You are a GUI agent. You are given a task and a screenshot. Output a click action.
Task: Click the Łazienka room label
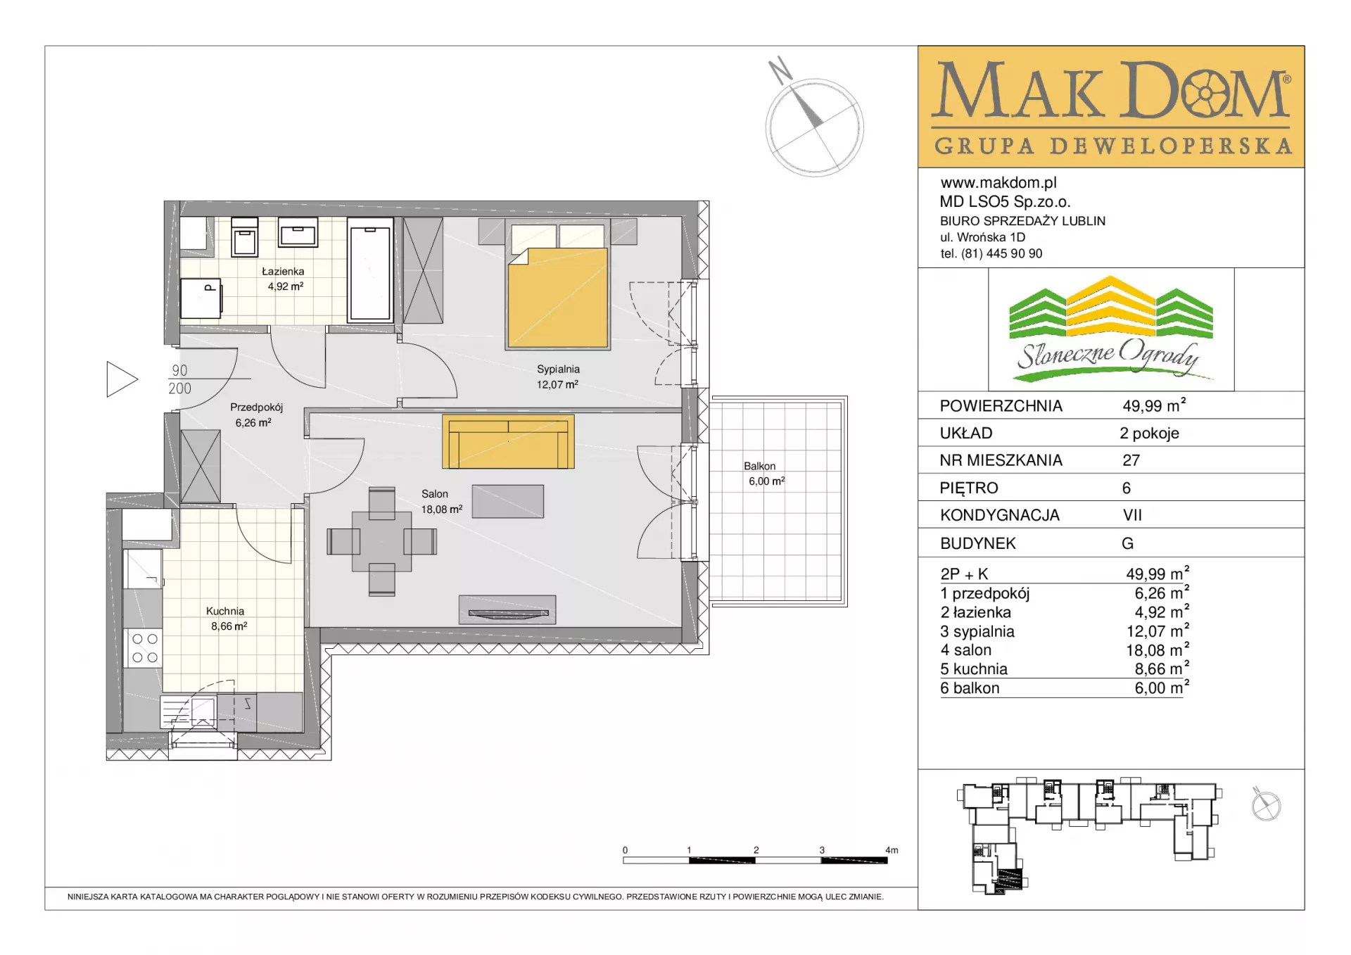(x=284, y=272)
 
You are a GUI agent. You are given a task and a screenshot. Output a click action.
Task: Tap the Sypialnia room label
(x=558, y=369)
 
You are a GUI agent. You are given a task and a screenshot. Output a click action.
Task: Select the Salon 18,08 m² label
(x=442, y=502)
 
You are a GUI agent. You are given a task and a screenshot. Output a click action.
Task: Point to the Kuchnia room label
(x=225, y=612)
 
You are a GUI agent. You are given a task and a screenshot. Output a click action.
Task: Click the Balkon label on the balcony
(x=760, y=466)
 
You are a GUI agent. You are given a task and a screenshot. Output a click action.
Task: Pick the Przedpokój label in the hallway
(x=257, y=407)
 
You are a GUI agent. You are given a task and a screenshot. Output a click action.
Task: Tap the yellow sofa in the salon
(x=508, y=441)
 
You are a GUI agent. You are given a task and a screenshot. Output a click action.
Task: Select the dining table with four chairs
(x=381, y=542)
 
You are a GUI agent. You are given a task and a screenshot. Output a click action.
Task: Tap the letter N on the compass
(x=780, y=70)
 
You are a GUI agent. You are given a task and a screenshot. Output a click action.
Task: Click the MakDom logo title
(x=1111, y=90)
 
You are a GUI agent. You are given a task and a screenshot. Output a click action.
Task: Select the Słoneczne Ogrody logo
(x=1111, y=329)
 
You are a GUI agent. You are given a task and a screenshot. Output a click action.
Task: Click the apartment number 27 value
(x=1131, y=460)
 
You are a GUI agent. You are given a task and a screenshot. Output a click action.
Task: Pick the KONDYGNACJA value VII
(x=1133, y=515)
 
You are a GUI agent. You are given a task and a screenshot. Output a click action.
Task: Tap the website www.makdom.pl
(x=998, y=183)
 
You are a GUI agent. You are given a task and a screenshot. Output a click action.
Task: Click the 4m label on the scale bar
(x=892, y=850)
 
